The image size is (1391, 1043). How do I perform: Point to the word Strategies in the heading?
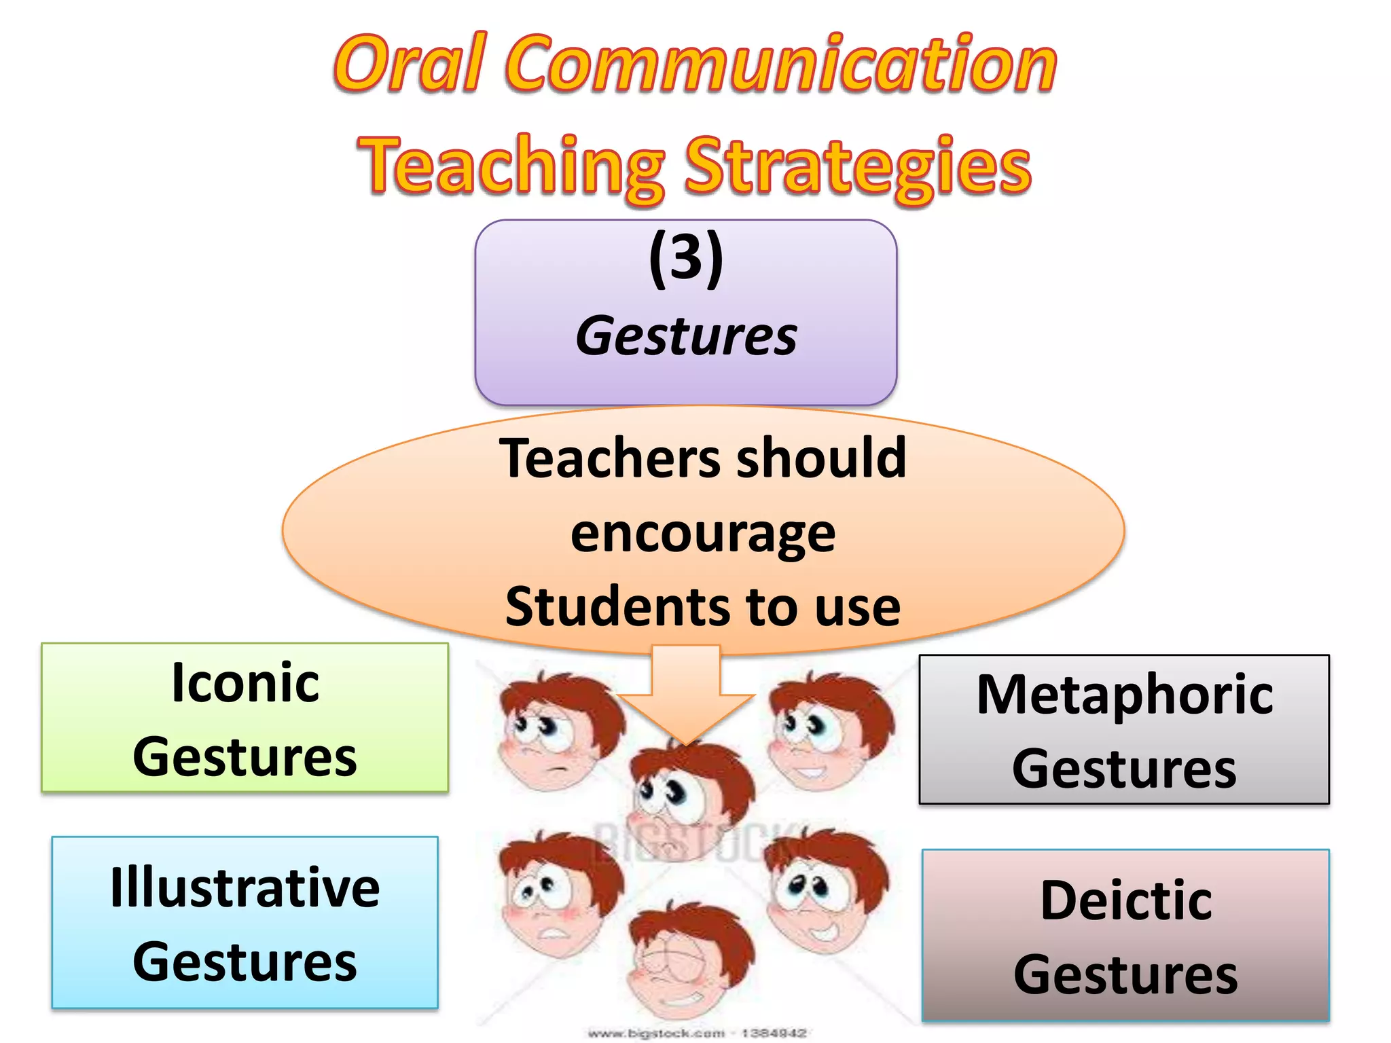click(x=857, y=166)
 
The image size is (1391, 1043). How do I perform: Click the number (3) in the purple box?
click(x=686, y=258)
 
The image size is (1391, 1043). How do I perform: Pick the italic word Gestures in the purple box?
click(x=686, y=336)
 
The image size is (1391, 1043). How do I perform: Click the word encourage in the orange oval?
click(x=703, y=533)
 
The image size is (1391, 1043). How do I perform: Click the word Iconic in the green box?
click(x=245, y=682)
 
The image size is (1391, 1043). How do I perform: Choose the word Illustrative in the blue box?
click(x=245, y=888)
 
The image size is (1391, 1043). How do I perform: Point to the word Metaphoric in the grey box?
click(x=1125, y=695)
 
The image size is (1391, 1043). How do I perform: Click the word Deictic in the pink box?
click(x=1126, y=900)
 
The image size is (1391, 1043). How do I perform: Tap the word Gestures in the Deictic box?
click(x=1126, y=974)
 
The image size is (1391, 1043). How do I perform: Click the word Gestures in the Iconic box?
click(x=245, y=757)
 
